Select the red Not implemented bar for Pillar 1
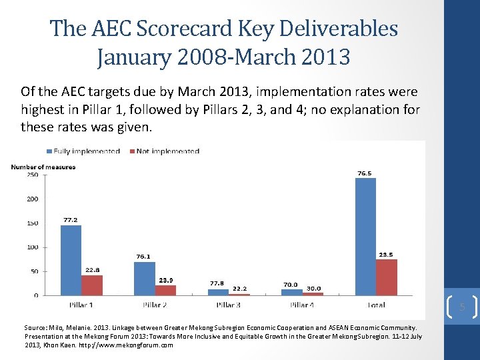tap(92, 285)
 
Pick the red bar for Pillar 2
tap(165, 290)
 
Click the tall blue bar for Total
tap(365, 237)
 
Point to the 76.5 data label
tap(365, 173)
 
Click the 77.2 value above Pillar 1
tap(71, 219)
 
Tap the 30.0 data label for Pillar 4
tap(313, 288)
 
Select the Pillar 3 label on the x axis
tap(228, 305)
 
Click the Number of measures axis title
tap(43, 167)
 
